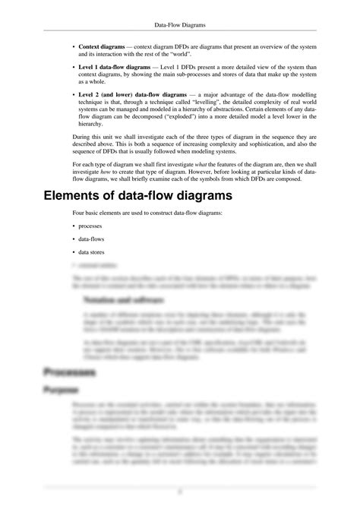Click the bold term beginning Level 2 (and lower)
tap(126, 95)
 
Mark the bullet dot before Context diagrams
tap(74, 47)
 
